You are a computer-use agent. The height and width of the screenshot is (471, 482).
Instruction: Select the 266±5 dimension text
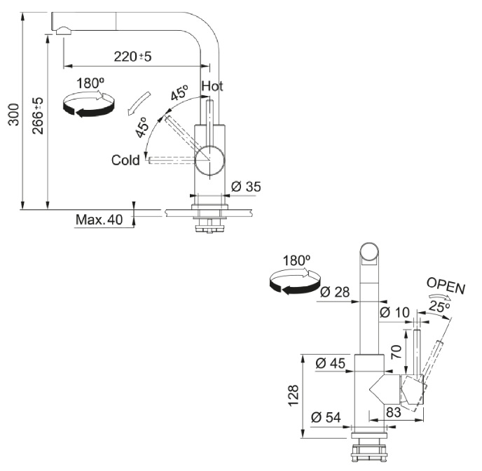[x=38, y=115]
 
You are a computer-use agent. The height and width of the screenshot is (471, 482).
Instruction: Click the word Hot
[x=212, y=86]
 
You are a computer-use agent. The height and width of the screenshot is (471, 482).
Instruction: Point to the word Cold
[x=125, y=160]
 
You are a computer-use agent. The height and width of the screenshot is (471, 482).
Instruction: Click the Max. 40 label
[x=99, y=220]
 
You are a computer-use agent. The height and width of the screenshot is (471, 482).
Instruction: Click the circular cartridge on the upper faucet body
[x=209, y=160]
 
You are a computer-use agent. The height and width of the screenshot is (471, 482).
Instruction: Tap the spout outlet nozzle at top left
[x=62, y=29]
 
